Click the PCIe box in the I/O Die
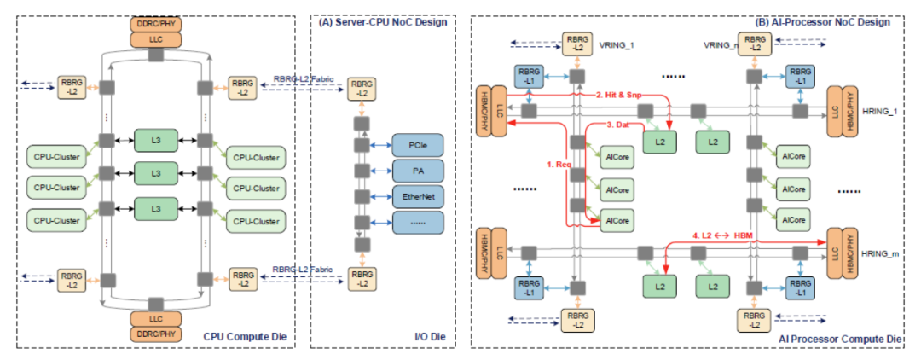pyautogui.click(x=418, y=146)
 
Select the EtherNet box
pyautogui.click(x=418, y=196)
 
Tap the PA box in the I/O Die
pyautogui.click(x=418, y=171)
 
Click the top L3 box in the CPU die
pyautogui.click(x=156, y=139)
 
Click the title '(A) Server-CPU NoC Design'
pyautogui.click(x=382, y=23)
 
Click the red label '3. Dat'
pyautogui.click(x=618, y=125)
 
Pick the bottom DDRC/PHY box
pyautogui.click(x=154, y=333)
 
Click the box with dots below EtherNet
pyautogui.click(x=418, y=223)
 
